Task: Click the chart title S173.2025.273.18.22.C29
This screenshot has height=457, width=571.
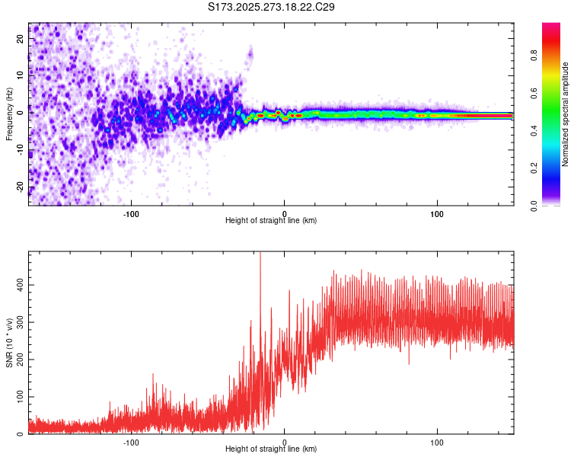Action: (x=272, y=8)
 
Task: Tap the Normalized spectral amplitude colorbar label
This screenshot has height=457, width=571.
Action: (x=565, y=114)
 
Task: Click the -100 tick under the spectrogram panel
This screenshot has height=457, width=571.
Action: (x=131, y=213)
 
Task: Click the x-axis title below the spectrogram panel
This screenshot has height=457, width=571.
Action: (x=271, y=221)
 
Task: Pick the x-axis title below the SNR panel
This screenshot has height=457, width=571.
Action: (x=271, y=449)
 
